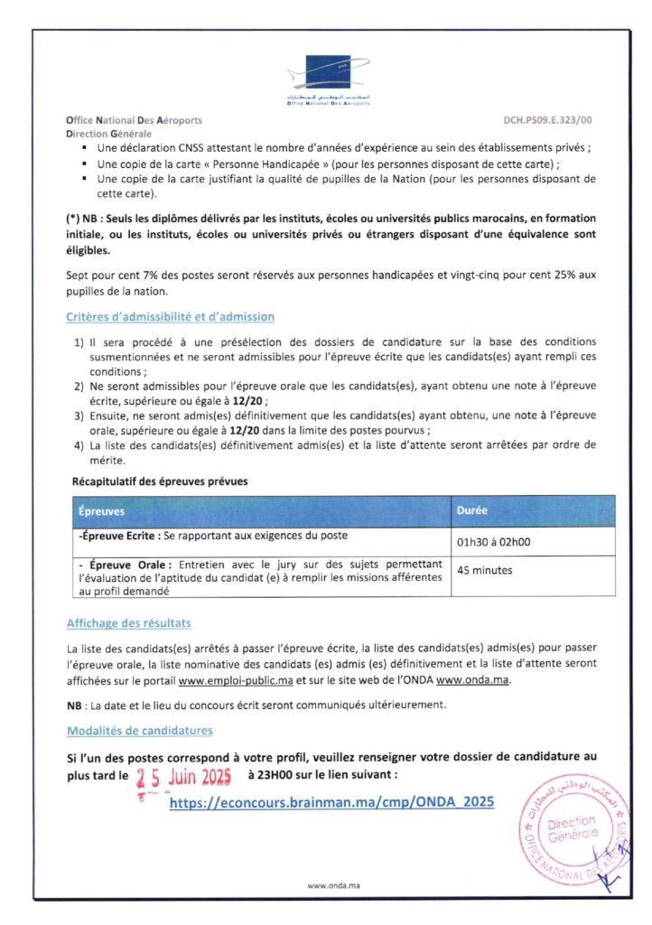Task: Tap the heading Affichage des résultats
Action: pyautogui.click(x=128, y=623)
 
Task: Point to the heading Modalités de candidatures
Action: pyautogui.click(x=140, y=730)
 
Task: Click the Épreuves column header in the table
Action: pyautogui.click(x=101, y=510)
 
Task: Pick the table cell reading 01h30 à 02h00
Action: pyautogui.click(x=495, y=541)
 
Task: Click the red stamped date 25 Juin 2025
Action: pyautogui.click(x=184, y=776)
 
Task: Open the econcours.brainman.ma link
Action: pyautogui.click(x=331, y=801)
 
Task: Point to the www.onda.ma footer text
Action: pyautogui.click(x=327, y=885)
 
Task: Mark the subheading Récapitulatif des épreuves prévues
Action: pyautogui.click(x=160, y=481)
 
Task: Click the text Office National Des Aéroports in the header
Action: pyautogui.click(x=135, y=120)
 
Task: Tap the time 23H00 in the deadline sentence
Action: pyautogui.click(x=275, y=775)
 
